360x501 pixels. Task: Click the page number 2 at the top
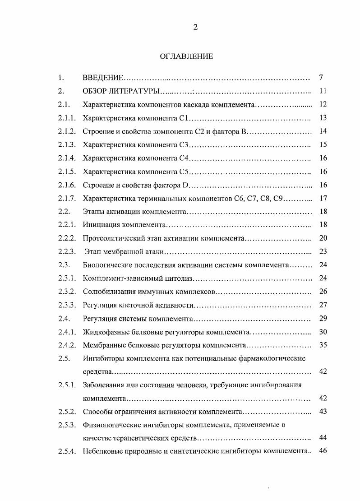[195, 27]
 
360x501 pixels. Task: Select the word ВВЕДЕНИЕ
[103, 78]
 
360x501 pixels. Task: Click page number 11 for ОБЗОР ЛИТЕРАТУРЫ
[322, 91]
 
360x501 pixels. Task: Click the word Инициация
[100, 225]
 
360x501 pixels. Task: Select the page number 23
[323, 251]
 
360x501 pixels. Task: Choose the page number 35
[323, 345]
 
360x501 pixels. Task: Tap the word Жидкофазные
[105, 332]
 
